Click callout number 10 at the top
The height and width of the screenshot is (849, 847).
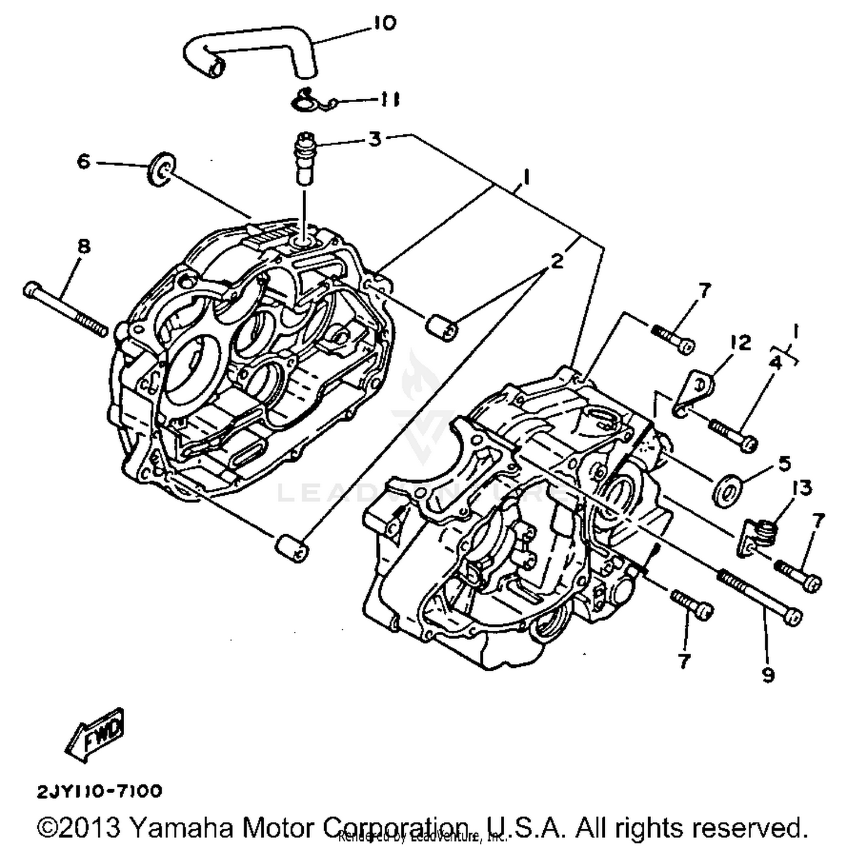click(385, 24)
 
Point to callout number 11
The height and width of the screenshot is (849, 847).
click(389, 100)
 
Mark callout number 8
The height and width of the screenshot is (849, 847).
click(84, 247)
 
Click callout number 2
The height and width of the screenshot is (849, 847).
click(557, 261)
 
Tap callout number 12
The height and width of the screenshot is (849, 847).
click(740, 342)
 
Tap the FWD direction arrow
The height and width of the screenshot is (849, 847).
click(95, 734)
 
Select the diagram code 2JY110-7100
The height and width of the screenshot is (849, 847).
click(100, 791)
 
